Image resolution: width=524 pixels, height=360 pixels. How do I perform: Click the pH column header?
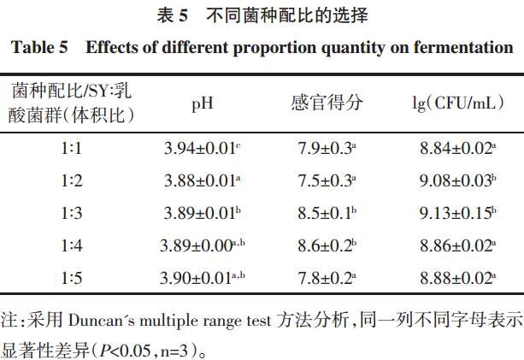(x=202, y=103)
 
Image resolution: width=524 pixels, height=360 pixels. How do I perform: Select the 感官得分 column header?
(x=327, y=103)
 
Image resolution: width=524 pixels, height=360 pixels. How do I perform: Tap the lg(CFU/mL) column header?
(x=454, y=103)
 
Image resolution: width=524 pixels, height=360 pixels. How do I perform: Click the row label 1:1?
(x=71, y=149)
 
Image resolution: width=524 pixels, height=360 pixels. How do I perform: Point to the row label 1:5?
(x=71, y=277)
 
